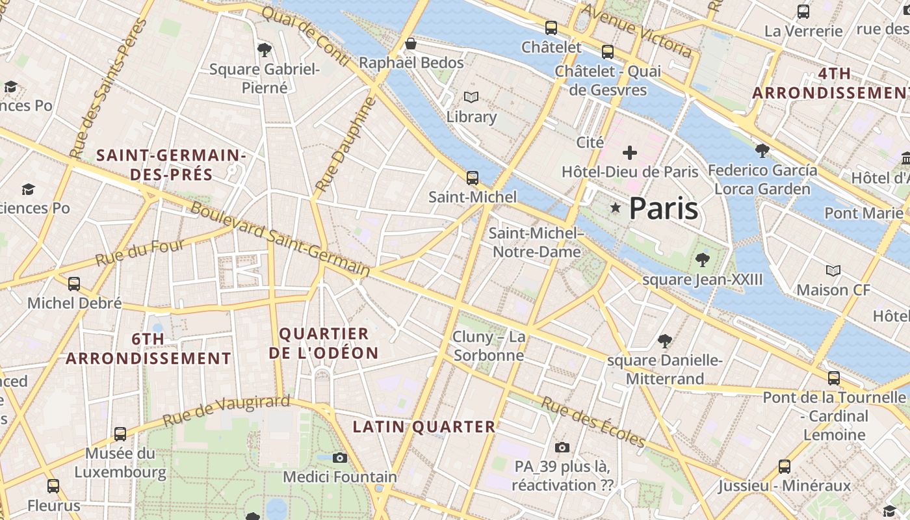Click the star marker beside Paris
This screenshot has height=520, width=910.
click(615, 207)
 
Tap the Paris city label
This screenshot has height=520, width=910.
click(664, 209)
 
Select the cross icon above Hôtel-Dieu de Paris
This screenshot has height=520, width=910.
click(629, 153)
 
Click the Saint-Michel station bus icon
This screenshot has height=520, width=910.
click(473, 177)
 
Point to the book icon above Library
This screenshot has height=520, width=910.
click(471, 97)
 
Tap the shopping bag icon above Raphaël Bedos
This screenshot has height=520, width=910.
click(411, 44)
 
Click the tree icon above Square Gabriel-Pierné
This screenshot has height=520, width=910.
click(264, 49)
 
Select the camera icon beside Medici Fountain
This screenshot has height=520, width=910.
click(339, 458)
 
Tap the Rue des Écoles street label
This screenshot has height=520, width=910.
click(593, 422)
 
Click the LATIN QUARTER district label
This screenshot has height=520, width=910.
click(424, 427)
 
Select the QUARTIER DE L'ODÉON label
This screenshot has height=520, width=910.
click(328, 343)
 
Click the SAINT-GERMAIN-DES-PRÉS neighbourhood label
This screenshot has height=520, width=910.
click(171, 165)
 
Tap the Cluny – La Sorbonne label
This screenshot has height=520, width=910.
click(489, 346)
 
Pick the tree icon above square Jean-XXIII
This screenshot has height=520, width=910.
click(702, 260)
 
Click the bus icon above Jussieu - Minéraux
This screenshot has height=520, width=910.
click(785, 466)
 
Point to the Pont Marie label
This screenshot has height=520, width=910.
click(863, 213)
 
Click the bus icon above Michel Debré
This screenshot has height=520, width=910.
click(74, 283)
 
